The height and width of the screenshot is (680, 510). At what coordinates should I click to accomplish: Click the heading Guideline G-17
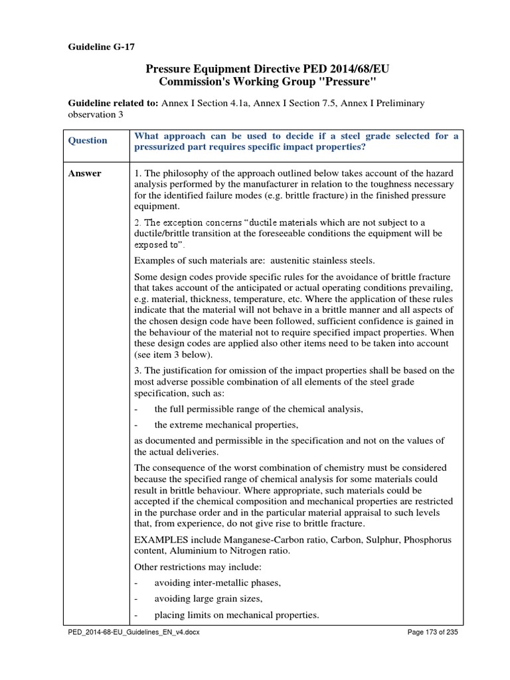click(102, 46)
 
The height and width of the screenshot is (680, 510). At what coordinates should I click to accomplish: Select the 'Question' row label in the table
click(88, 140)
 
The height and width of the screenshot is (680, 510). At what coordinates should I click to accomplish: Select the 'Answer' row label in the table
click(85, 173)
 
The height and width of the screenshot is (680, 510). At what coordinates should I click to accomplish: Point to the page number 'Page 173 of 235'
click(432, 632)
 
